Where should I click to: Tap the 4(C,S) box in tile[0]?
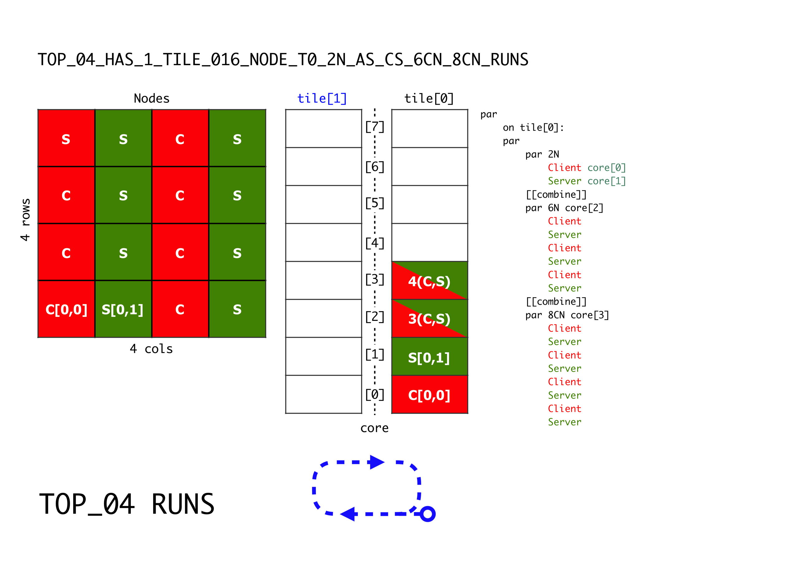(x=429, y=280)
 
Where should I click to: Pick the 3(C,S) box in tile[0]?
(x=429, y=318)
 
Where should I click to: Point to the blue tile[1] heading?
(x=322, y=99)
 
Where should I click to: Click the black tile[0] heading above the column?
(x=429, y=99)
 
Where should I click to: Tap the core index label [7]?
(x=375, y=127)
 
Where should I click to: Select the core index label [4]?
(x=375, y=243)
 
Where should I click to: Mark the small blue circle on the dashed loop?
(x=428, y=514)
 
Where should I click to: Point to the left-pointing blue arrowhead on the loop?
(x=348, y=514)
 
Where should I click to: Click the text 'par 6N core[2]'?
(x=564, y=208)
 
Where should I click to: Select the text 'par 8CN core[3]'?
(x=567, y=315)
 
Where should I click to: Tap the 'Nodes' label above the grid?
(x=152, y=99)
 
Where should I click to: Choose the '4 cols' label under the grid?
(x=151, y=349)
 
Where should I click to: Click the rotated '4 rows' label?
(x=25, y=220)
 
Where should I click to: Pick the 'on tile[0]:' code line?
(x=534, y=128)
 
